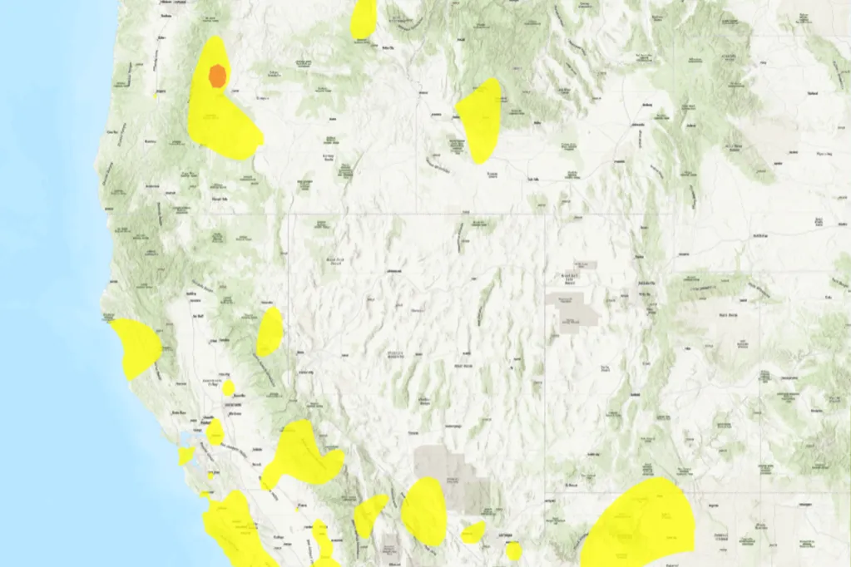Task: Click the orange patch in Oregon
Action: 217,76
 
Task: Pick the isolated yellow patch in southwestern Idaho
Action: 479,117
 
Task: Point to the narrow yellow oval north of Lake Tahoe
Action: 270,331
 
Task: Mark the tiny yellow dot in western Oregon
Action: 156,95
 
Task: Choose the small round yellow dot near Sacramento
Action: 228,387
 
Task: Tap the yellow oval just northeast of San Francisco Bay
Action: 215,431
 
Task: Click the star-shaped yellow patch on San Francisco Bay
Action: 186,455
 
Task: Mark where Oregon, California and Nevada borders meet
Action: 289,215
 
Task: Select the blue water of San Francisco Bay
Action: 183,439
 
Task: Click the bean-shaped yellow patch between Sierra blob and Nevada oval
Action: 369,515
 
